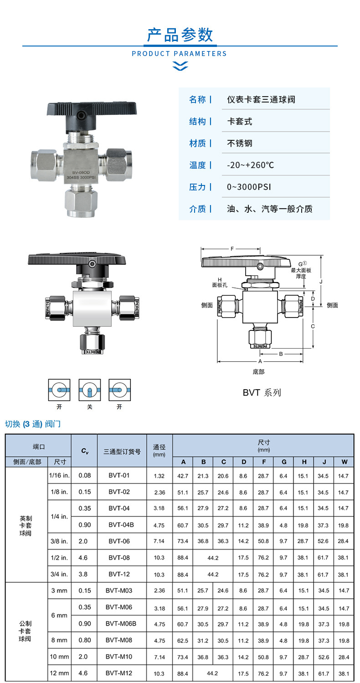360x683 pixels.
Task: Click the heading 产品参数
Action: click(180, 35)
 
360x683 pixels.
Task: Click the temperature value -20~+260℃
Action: click(251, 165)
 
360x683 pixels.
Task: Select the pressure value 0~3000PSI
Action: click(249, 187)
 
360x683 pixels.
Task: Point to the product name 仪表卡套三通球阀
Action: click(261, 99)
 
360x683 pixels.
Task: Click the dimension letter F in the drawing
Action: click(232, 249)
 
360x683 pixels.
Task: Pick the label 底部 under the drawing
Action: click(258, 372)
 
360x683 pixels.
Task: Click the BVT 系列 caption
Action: click(262, 392)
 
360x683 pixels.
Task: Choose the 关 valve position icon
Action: click(89, 390)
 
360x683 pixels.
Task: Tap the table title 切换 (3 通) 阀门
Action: click(32, 424)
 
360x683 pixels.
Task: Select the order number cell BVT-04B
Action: click(121, 524)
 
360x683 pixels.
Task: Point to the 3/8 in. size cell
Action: click(59, 541)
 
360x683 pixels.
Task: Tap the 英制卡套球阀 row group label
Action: click(26, 525)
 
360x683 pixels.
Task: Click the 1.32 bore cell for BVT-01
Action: click(159, 476)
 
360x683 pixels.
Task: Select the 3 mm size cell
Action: click(59, 591)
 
